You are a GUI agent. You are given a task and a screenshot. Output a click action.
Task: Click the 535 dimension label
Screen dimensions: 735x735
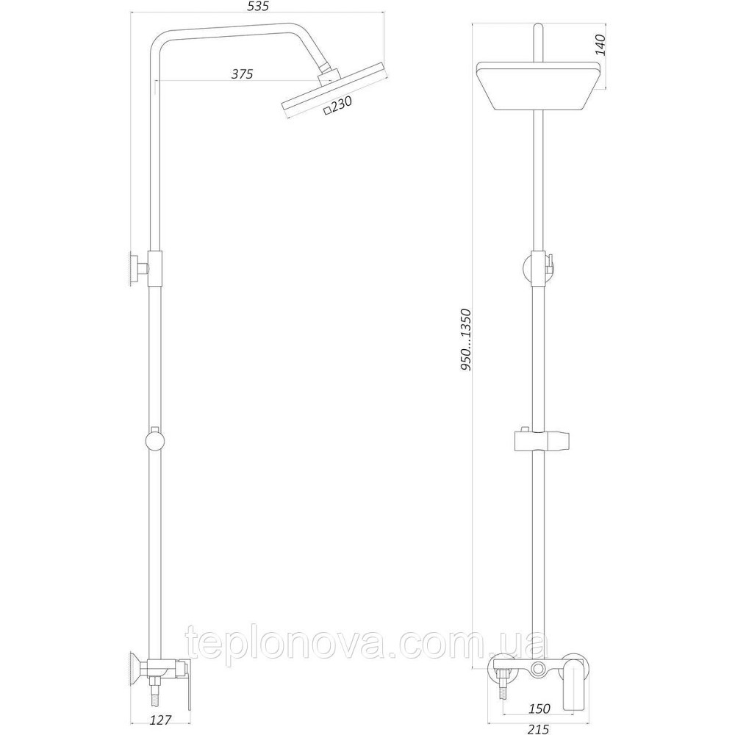pyautogui.click(x=261, y=7)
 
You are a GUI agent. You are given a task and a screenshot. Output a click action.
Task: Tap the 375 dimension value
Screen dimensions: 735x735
pyautogui.click(x=242, y=73)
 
